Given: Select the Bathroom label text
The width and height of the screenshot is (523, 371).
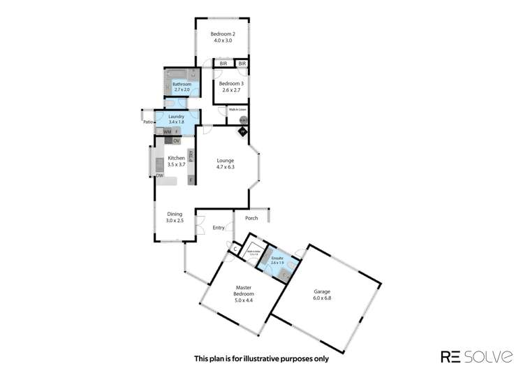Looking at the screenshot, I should (x=182, y=85).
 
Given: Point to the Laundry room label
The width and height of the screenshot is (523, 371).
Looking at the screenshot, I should (x=176, y=116).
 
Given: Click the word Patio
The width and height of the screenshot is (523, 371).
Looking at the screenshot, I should (x=147, y=122).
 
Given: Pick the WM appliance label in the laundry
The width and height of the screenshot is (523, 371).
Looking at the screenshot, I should (x=167, y=131).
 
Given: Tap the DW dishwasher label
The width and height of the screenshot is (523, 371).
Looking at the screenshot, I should (x=159, y=176).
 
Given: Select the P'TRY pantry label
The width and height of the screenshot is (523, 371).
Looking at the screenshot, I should (x=191, y=157).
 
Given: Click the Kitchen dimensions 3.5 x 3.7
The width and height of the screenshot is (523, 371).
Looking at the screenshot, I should (x=176, y=165).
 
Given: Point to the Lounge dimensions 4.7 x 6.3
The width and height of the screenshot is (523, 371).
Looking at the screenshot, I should (x=225, y=167).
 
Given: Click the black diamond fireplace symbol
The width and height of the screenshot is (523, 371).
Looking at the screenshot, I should (x=242, y=131).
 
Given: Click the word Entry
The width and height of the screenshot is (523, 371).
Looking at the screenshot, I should (x=219, y=228).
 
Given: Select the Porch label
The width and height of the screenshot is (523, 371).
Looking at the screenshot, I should (x=251, y=218).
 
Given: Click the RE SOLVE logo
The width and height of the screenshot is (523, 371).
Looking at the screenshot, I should (x=469, y=356).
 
